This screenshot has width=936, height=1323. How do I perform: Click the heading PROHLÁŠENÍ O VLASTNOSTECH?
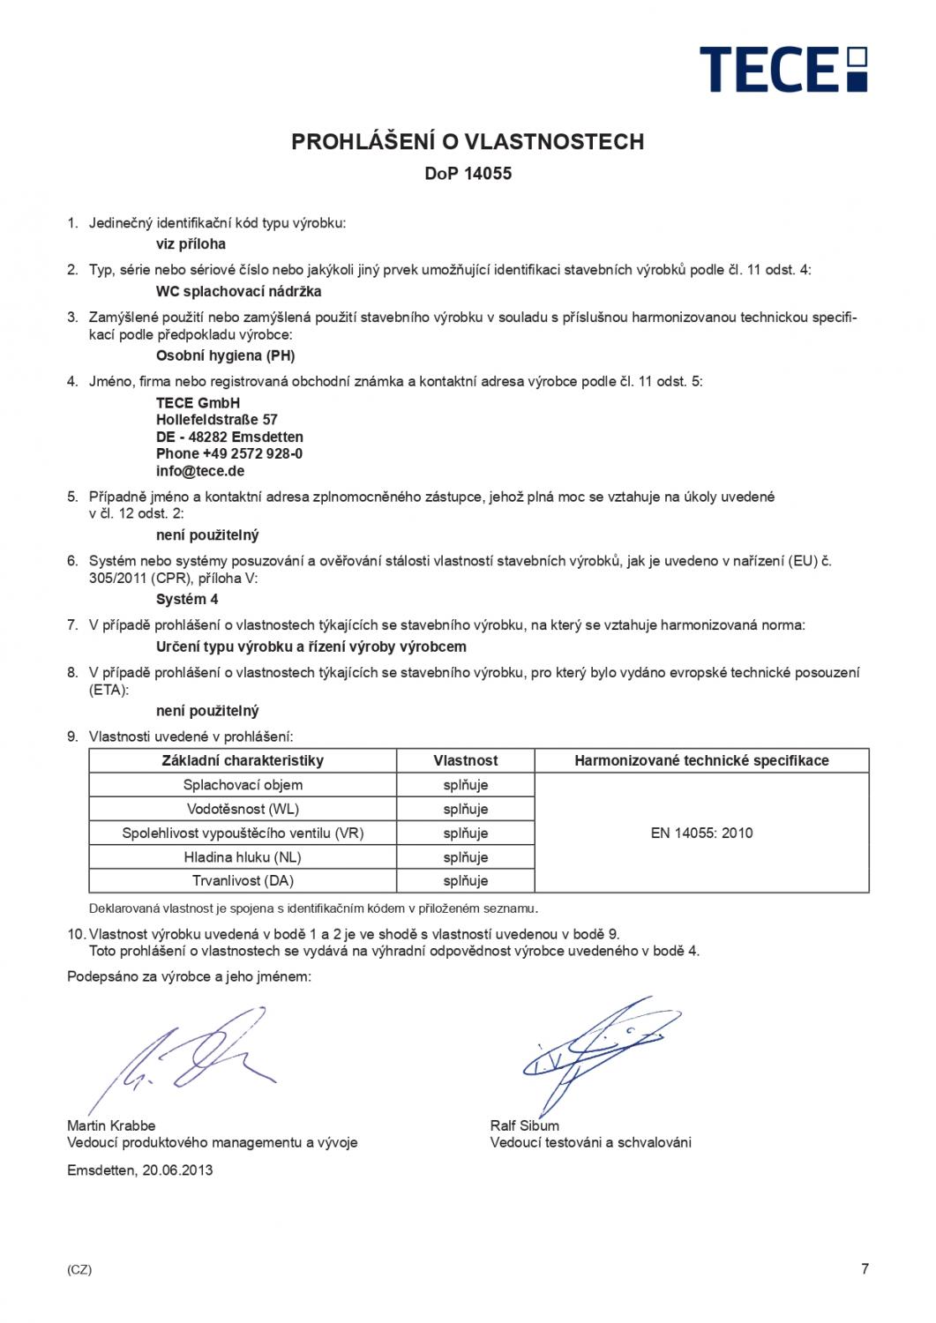468,141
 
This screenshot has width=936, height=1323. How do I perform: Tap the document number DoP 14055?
468,174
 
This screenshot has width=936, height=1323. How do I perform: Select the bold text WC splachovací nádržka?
238,291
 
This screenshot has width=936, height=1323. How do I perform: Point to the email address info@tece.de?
199,471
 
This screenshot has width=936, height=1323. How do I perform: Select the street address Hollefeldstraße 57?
216,420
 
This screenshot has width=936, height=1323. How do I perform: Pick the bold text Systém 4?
187,600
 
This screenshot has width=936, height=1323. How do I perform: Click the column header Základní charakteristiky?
243,760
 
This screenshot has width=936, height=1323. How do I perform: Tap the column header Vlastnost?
466,760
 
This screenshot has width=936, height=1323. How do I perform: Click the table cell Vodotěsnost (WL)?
243,809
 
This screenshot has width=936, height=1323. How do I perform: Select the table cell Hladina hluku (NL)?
243,856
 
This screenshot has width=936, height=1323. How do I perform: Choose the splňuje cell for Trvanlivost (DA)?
466,880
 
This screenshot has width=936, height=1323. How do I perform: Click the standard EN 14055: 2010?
701,833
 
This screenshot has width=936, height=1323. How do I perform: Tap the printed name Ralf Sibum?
524,1125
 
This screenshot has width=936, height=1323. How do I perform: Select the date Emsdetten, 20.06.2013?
139,1170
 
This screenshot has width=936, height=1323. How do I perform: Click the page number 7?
865,1269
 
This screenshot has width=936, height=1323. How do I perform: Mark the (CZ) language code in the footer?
79,1270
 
